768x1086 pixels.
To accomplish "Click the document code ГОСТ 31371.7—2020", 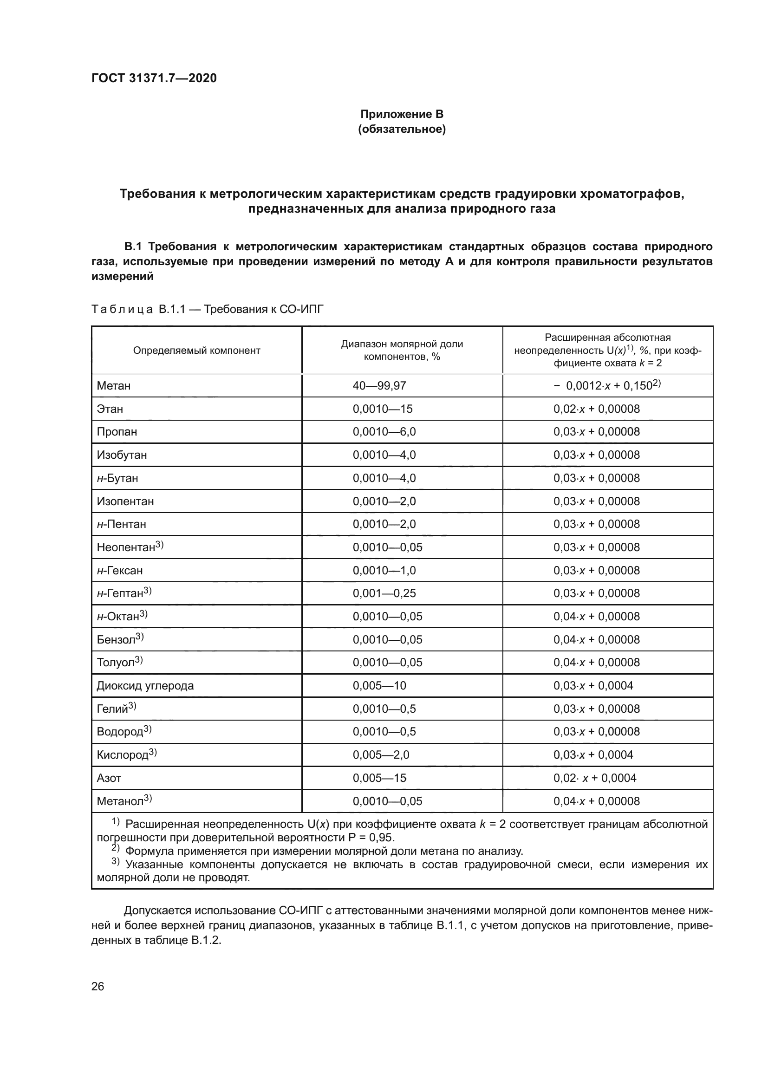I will click(154, 78).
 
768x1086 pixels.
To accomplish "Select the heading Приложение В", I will click(402, 114).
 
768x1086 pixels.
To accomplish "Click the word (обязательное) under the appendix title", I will click(402, 129).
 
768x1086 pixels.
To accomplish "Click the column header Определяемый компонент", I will click(196, 351).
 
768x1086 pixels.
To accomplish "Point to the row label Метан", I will click(113, 386).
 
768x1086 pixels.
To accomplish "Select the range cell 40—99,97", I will click(379, 386).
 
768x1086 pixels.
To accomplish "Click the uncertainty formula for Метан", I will click(607, 386).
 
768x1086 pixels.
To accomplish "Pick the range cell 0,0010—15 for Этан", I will click(382, 409).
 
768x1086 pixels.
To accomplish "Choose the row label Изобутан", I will click(122, 455).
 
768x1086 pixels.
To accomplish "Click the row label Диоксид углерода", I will click(145, 686).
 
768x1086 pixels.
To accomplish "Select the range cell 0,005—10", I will click(379, 686).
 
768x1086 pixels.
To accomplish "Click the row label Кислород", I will click(123, 755).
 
